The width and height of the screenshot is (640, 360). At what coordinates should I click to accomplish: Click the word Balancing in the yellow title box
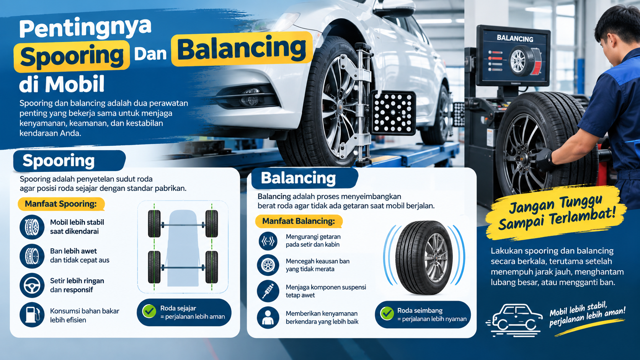point(242,49)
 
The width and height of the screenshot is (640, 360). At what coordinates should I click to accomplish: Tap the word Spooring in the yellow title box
point(72,56)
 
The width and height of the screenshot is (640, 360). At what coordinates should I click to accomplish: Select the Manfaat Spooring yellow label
point(61,204)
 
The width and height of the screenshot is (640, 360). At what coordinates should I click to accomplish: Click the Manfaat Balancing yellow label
point(299,221)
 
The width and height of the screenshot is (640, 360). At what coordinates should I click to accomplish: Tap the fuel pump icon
point(32,314)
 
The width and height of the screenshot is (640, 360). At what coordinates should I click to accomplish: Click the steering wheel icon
point(32,285)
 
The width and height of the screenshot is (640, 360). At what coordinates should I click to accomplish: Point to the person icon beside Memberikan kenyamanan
point(268,318)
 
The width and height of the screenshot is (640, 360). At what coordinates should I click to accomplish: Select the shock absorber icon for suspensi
point(268,291)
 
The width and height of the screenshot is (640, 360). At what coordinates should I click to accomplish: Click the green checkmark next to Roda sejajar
point(149,311)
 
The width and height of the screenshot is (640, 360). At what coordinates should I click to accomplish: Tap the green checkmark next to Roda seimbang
point(387,313)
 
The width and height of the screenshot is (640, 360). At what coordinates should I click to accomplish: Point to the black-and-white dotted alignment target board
point(393,113)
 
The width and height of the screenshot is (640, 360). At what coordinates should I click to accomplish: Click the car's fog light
point(250,97)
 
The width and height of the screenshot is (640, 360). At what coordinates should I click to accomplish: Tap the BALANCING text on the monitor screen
point(515,38)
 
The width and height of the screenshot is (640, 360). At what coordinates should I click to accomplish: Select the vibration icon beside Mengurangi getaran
point(268,241)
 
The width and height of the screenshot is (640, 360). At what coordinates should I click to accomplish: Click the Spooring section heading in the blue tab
point(59,160)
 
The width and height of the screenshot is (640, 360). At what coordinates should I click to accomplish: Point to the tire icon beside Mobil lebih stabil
point(32,227)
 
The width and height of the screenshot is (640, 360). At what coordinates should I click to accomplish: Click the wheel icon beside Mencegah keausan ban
point(268,265)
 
